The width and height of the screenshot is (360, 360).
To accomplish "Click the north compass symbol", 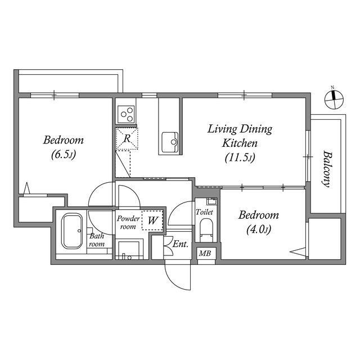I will (334, 100).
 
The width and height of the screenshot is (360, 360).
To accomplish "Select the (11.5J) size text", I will (240, 157).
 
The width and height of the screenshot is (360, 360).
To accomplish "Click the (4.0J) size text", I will (258, 229).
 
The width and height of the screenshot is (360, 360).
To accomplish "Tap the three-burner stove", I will (126, 112).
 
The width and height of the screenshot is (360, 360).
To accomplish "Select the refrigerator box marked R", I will (127, 138).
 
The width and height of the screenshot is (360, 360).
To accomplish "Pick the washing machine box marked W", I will (152, 220).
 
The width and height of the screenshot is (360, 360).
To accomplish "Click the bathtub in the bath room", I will (71, 231).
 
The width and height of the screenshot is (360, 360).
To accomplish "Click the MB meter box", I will (205, 254).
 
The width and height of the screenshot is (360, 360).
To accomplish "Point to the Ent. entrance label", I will (180, 244).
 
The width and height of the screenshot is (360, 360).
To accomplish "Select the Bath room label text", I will (97, 240).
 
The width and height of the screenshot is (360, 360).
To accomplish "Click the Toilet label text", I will (204, 213).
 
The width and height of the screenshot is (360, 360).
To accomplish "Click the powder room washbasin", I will (130, 249).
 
